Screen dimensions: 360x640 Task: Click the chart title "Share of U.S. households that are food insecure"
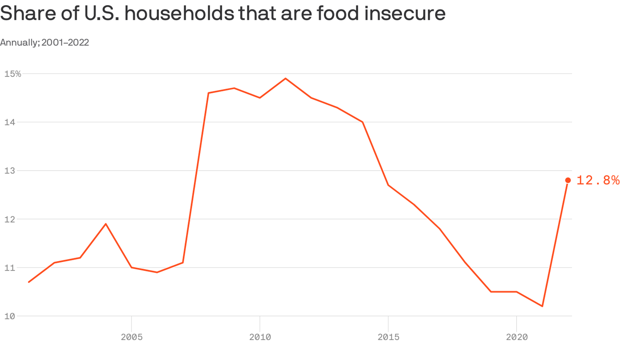223,14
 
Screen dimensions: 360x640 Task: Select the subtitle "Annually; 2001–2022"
45,43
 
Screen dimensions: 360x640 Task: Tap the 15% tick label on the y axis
13,74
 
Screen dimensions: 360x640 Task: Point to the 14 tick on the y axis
9,122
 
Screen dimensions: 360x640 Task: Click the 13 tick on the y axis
9,171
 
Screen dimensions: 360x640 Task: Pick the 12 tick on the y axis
9,219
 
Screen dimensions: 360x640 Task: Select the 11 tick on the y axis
9,268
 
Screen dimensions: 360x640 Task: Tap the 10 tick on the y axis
9,316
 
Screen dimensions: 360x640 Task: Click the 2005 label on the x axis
131,337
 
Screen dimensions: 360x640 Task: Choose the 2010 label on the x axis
260,337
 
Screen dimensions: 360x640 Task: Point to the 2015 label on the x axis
388,337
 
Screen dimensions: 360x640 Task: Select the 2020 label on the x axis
516,337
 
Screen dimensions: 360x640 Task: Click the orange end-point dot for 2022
568,180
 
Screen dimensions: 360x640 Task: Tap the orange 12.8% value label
598,180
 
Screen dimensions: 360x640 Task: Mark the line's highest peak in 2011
285,78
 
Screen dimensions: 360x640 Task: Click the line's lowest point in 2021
542,306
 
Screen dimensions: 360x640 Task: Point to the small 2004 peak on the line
106,224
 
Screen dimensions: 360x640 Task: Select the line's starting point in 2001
29,282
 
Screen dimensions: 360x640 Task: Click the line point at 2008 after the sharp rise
208,93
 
